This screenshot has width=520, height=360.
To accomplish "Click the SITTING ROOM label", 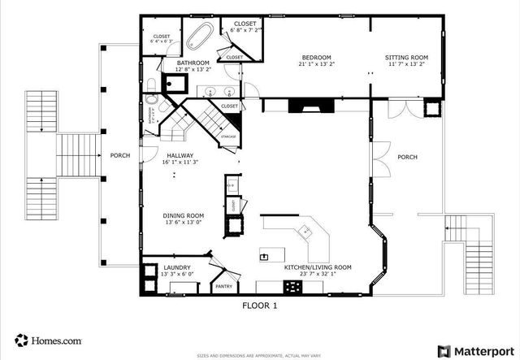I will pos(407,57).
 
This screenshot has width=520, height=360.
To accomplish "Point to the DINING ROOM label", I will pos(184,215).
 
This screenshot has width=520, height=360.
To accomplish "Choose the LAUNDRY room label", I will pos(176,267).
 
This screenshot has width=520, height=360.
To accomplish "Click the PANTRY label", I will pos(223,286).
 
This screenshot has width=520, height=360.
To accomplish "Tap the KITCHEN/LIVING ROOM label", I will pos(317,267).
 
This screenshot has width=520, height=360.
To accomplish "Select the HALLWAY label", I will pos(180,155).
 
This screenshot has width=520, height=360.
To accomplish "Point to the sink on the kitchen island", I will pos(265,256).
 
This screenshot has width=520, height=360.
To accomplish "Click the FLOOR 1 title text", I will pos(260,306).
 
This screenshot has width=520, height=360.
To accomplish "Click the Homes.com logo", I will pos(47,340).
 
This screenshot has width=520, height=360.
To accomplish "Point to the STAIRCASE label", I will pos(228,137).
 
